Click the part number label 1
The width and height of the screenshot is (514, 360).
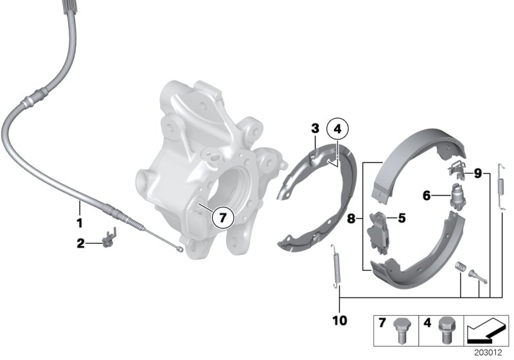pyautogui.click(x=80, y=224)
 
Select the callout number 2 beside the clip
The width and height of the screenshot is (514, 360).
pyautogui.click(x=81, y=242)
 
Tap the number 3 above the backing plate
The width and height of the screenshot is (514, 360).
pyautogui.click(x=315, y=129)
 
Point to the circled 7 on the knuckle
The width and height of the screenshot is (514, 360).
pyautogui.click(x=222, y=218)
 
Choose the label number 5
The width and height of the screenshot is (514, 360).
pyautogui.click(x=402, y=218)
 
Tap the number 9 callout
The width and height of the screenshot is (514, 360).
pyautogui.click(x=477, y=172)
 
